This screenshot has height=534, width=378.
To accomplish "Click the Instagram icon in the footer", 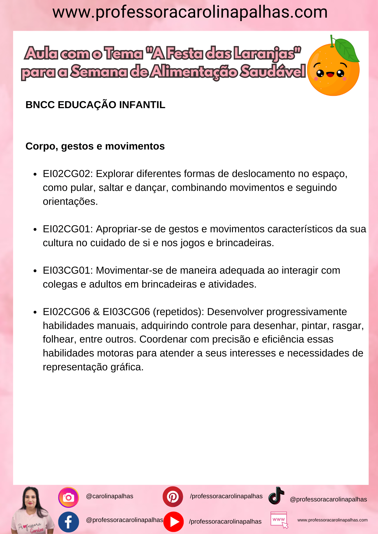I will click(x=68, y=497).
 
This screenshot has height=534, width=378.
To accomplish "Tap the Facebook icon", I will click(x=68, y=522).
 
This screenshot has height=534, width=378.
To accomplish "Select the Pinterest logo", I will click(x=173, y=497).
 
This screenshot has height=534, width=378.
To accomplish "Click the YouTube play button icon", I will click(x=174, y=522).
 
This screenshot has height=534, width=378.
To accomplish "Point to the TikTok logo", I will click(x=276, y=496).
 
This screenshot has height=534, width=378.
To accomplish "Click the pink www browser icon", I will click(x=279, y=520).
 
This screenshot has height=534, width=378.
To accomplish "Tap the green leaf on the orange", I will click(x=347, y=50).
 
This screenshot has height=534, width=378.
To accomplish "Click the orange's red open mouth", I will click(x=330, y=74).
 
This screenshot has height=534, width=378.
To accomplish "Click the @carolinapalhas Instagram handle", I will click(x=110, y=496).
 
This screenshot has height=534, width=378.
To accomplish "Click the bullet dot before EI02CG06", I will click(x=35, y=312).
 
